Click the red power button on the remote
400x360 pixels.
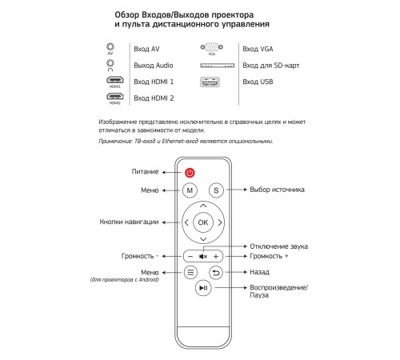tap(190, 172)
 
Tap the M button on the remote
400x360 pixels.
tap(190, 190)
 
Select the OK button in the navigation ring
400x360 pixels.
tap(202, 222)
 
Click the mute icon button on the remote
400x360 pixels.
tap(202, 256)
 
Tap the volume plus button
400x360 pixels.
tap(216, 256)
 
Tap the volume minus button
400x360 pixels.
tap(190, 256)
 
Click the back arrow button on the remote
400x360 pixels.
tap(215, 272)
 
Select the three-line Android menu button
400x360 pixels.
tap(190, 272)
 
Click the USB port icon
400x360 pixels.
tap(211, 81)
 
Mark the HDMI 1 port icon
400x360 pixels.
tap(110, 81)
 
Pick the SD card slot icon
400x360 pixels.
tap(211, 65)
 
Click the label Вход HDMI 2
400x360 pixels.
tap(154, 98)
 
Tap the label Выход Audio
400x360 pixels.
tap(154, 66)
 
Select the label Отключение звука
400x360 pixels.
tap(279, 246)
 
